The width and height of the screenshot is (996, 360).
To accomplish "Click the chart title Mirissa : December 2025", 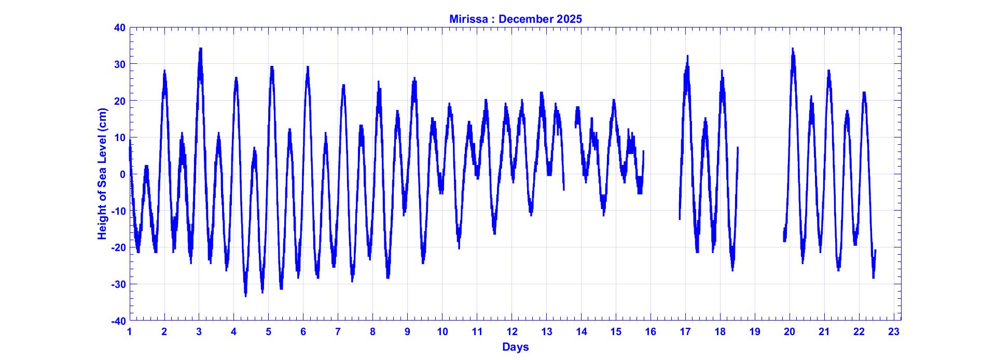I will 515,19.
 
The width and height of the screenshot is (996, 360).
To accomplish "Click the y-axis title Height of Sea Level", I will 102,174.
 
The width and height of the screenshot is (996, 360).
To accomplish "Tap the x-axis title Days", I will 515,347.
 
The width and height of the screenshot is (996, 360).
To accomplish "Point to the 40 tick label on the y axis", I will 119,27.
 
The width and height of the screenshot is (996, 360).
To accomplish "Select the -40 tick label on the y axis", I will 118,321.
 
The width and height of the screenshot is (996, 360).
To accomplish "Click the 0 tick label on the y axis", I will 122,174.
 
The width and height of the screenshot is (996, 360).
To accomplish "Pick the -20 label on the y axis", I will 118,247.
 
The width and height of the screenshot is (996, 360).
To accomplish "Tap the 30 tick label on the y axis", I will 119,64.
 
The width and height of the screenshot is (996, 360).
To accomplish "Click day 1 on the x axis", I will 130,332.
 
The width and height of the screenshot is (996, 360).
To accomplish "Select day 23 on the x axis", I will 893,332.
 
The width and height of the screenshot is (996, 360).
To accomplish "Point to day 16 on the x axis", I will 651,332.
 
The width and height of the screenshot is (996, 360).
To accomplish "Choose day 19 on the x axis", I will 754,332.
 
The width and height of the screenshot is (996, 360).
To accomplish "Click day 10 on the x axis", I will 442,332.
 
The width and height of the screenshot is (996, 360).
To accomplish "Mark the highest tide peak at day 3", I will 200,49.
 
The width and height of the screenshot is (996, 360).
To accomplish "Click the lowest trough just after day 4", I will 245,295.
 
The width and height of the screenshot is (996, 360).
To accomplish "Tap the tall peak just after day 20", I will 792,49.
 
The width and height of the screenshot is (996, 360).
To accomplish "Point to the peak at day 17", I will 687,56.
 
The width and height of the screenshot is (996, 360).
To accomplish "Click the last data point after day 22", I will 875,251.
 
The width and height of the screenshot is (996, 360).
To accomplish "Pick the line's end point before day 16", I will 643,151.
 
